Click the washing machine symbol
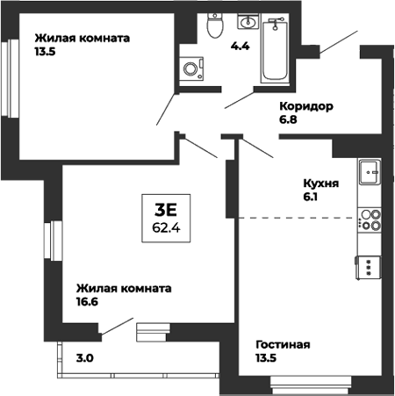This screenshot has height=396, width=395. [191, 68]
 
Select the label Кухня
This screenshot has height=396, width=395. [320, 186]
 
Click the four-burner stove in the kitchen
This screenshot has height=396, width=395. [370, 220]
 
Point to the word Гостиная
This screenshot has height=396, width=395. [283, 344]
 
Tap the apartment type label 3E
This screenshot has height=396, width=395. [166, 209]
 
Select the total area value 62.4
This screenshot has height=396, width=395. [166, 227]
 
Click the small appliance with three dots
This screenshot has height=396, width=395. [370, 265]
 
